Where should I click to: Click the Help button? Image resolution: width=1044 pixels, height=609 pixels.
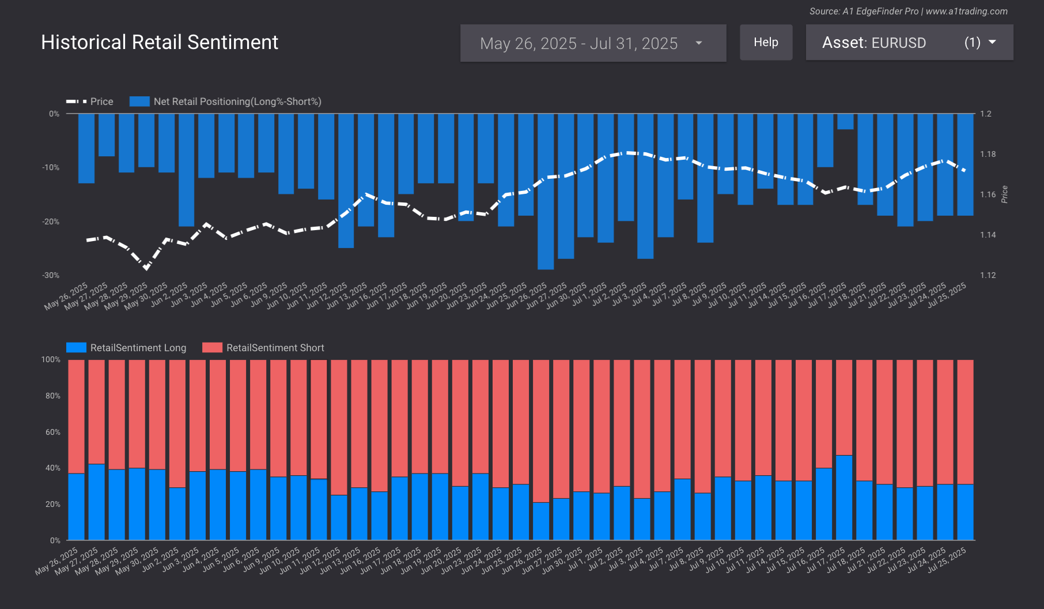pyautogui.click(x=766, y=42)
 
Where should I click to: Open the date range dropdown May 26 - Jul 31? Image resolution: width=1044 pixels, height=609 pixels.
pyautogui.click(x=593, y=43)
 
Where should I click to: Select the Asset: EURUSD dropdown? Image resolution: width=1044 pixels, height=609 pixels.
pyautogui.click(x=909, y=43)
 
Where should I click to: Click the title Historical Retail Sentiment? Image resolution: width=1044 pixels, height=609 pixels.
pyautogui.click(x=160, y=42)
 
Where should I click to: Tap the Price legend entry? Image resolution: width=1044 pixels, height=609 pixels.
pyautogui.click(x=90, y=101)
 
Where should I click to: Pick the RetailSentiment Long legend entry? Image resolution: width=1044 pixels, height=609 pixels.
pyautogui.click(x=127, y=348)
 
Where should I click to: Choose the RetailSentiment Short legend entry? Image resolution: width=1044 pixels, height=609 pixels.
pyautogui.click(x=263, y=348)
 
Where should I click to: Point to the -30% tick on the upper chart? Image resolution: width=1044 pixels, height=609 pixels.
pyautogui.click(x=51, y=276)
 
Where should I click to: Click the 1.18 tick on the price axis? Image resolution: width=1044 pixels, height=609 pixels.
pyautogui.click(x=988, y=154)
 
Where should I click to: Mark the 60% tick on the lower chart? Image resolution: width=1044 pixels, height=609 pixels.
pyautogui.click(x=52, y=432)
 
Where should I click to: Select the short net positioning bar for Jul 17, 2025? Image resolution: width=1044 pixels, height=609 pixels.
pyautogui.click(x=845, y=122)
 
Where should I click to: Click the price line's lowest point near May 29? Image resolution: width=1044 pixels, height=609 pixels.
pyautogui.click(x=146, y=268)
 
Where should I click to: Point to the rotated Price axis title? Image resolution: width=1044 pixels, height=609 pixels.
pyautogui.click(x=1004, y=194)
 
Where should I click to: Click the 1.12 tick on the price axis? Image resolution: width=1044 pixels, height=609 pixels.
pyautogui.click(x=988, y=275)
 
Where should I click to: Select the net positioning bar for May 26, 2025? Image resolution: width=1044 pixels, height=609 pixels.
pyautogui.click(x=86, y=148)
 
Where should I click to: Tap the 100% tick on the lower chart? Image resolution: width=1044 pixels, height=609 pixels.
pyautogui.click(x=51, y=359)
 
